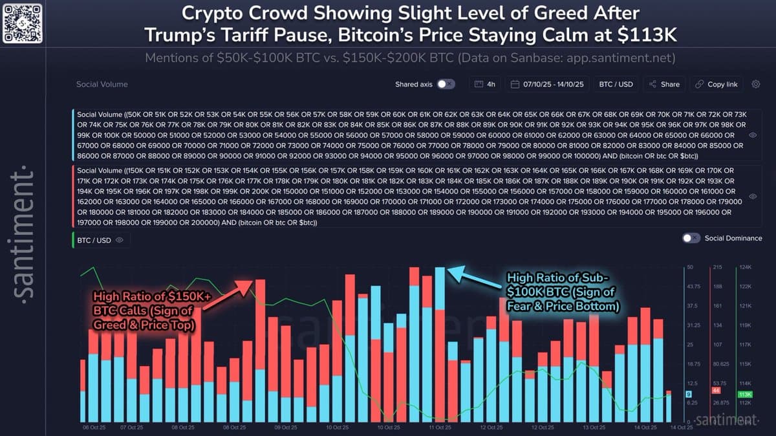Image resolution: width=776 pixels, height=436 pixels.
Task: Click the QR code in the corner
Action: (23, 23)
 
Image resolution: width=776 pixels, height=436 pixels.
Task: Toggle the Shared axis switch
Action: (446, 84)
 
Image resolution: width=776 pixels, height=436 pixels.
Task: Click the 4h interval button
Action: (486, 84)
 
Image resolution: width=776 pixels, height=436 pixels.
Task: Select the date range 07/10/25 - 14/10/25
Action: (548, 84)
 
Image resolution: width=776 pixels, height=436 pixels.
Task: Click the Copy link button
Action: (716, 84)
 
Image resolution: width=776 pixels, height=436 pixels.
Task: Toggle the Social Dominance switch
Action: (691, 238)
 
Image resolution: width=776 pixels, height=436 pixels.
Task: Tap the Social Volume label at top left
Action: (102, 84)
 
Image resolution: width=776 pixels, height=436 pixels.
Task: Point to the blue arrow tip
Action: (450, 268)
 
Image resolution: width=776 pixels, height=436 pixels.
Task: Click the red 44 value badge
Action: (716, 391)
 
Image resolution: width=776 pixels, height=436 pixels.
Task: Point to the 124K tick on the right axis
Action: (744, 267)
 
